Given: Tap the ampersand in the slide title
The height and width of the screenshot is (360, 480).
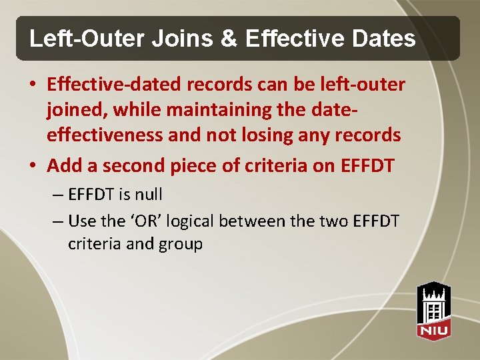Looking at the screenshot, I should click(228, 39).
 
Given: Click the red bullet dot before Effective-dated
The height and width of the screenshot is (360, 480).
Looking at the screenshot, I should click(32, 85).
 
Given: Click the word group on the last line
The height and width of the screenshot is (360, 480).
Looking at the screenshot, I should click(180, 244).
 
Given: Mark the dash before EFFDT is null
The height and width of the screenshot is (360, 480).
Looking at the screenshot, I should click(57, 195).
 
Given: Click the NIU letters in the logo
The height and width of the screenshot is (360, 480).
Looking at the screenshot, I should click(433, 329).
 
